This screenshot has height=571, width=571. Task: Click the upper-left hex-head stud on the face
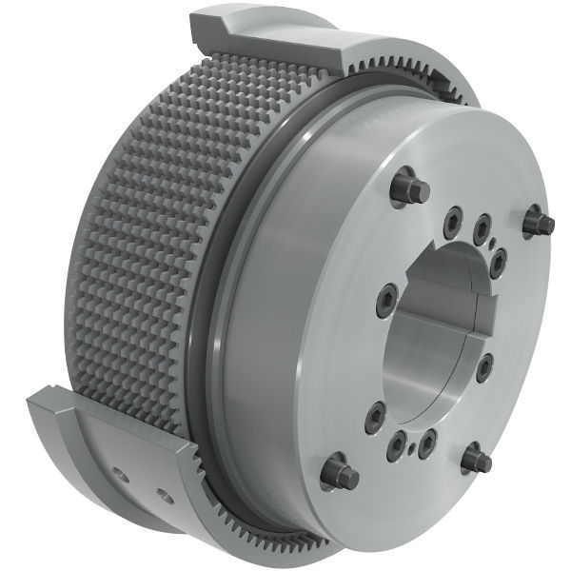pyautogui.click(x=407, y=186)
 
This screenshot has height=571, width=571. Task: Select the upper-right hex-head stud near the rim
pyautogui.click(x=539, y=223)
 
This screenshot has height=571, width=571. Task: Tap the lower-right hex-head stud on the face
pyautogui.click(x=476, y=461)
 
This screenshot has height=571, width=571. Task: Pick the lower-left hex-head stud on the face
pyautogui.click(x=339, y=473)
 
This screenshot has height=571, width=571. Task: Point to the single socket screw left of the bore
pyautogui.click(x=386, y=300)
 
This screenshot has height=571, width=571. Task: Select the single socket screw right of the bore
pyautogui.click(x=484, y=367)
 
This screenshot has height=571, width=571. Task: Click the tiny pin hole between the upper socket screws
pyautogui.click(x=490, y=243)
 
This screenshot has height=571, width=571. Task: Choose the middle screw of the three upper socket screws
pyautogui.click(x=482, y=226)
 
